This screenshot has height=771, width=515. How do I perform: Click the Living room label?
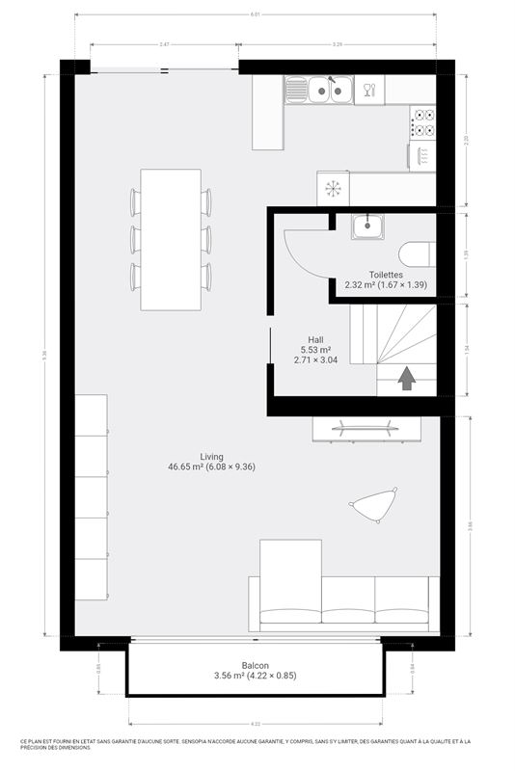tap(211, 456)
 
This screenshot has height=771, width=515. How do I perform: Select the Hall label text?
tap(314, 340)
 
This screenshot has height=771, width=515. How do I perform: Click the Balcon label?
tap(256, 663)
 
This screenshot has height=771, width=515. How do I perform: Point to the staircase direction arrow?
tap(406, 378)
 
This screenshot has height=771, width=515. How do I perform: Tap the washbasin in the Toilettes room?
tap(367, 227)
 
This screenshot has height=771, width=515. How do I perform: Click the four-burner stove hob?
tap(422, 122)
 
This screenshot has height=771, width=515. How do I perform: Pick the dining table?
tap(171, 239)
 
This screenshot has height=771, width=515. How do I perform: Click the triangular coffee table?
tap(374, 503)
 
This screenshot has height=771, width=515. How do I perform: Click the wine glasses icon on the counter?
tap(367, 92)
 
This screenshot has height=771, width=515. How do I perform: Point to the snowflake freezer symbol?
tap(334, 188)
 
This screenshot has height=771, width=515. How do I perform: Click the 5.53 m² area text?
tap(314, 350)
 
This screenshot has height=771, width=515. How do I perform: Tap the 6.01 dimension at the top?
tap(256, 14)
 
